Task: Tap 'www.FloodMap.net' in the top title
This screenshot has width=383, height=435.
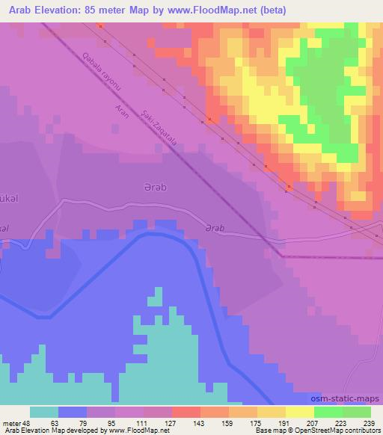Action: [x=215, y=10]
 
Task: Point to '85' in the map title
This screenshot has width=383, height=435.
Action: [x=91, y=10]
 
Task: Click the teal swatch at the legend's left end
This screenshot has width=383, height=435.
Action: [x=44, y=412]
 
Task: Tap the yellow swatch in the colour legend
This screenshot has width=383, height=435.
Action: [x=300, y=412]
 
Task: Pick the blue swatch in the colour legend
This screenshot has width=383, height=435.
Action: [x=73, y=412]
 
